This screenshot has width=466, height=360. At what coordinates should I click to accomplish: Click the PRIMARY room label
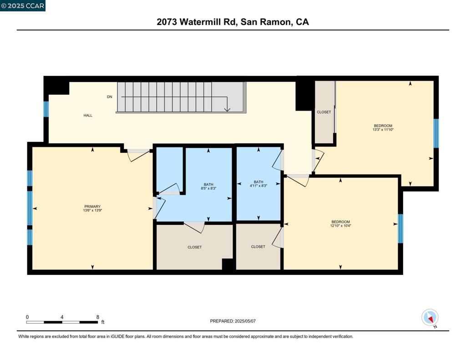tap(92, 206)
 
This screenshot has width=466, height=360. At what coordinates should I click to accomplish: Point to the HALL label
tap(88, 116)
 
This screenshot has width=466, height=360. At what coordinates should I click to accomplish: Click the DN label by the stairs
tap(109, 97)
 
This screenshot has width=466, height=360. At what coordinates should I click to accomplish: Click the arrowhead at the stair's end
tap(228, 109)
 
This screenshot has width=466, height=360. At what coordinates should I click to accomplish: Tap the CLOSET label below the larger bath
tap(194, 247)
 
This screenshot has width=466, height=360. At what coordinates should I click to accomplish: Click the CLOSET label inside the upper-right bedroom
tap(324, 112)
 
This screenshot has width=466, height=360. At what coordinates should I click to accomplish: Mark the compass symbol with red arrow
tap(430, 318)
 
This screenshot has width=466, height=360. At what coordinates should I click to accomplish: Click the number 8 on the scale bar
tap(98, 317)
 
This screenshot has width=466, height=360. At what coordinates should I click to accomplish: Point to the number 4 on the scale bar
tap(62, 317)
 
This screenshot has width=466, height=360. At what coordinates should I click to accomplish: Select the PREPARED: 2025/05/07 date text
tap(233, 321)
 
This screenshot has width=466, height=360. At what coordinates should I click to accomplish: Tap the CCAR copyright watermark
tap(23, 5)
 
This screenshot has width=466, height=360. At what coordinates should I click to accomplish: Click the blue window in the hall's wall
tap(46, 109)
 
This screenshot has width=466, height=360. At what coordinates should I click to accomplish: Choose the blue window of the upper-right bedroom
tap(436, 133)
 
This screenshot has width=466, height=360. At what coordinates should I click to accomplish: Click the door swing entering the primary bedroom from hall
tap(137, 155)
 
